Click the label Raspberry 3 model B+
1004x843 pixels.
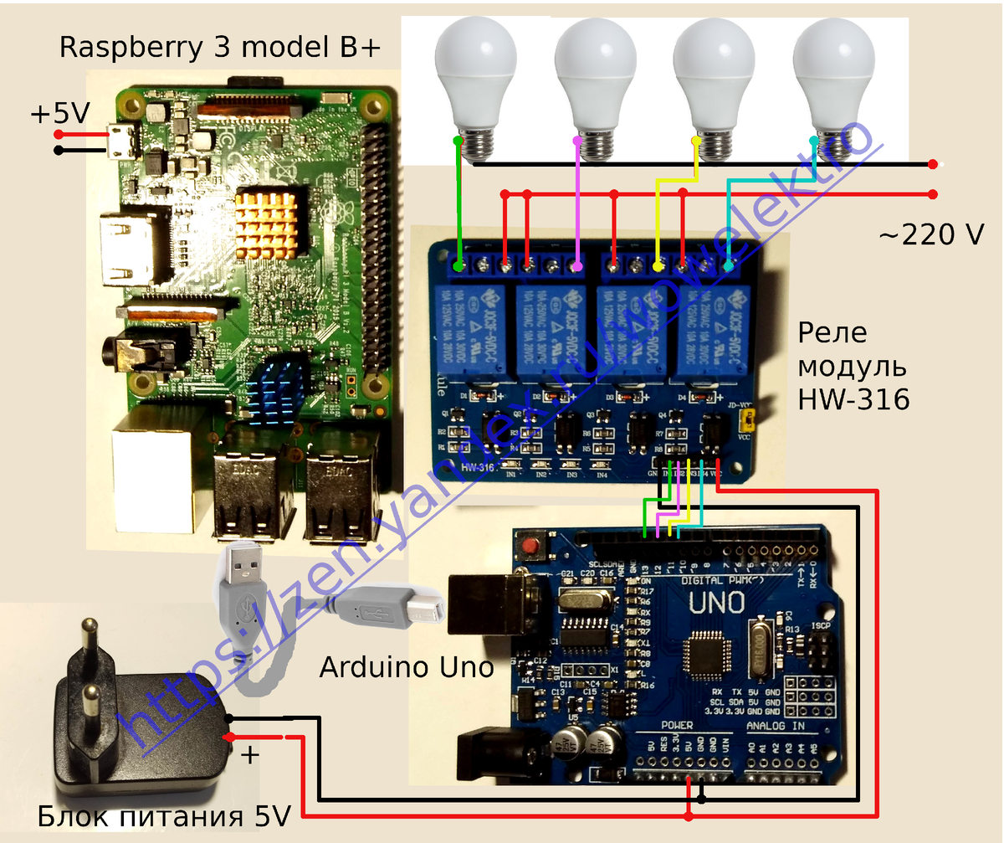[220, 48]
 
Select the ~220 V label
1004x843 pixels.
[930, 236]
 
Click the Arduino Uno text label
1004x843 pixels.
[406, 667]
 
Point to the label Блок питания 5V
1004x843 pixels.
[164, 815]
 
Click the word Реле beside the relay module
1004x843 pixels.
[832, 333]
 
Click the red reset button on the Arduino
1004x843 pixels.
[529, 547]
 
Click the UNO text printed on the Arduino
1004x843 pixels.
[715, 602]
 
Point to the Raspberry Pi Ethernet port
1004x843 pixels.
[156, 473]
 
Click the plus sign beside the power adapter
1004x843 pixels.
[250, 755]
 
